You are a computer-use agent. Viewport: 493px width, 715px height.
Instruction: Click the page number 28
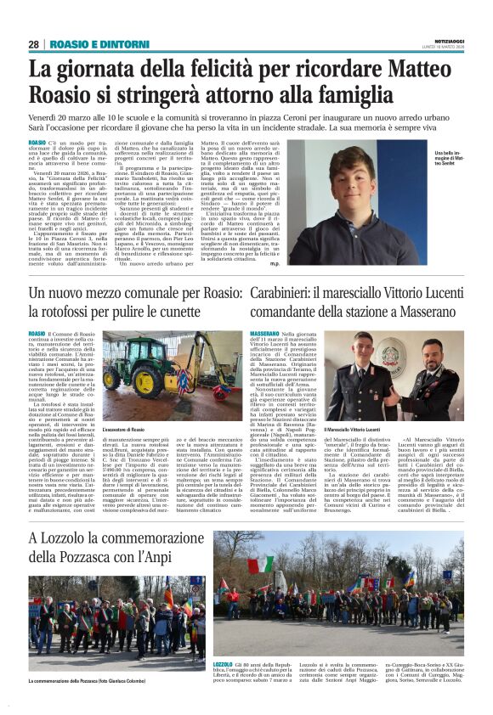33,44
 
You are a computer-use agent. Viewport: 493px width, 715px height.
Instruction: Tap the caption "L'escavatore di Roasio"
125,431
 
